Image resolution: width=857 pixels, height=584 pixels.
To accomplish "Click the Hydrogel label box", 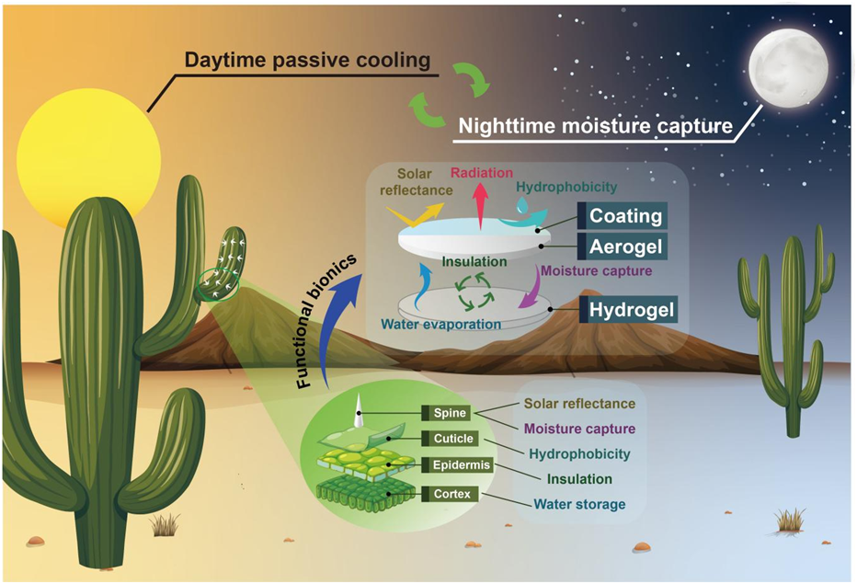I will tap(633, 308).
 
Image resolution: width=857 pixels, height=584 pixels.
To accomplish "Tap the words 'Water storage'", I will tap(579, 504).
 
